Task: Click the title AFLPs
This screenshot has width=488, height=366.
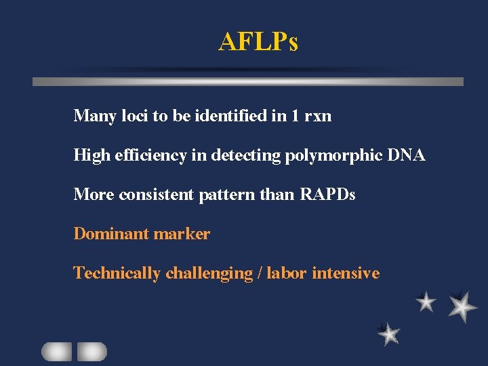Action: click(x=258, y=43)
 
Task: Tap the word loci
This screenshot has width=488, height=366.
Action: click(x=134, y=116)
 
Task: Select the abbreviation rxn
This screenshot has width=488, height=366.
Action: click(x=318, y=117)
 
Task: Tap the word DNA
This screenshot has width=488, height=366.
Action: click(x=407, y=155)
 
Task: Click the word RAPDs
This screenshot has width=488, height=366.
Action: click(x=327, y=195)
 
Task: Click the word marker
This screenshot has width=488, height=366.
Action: click(x=182, y=234)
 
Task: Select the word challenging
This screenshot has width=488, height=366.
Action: click(x=209, y=274)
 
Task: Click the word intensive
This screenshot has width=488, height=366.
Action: click(x=346, y=273)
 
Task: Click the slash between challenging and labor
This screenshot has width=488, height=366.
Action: click(x=260, y=274)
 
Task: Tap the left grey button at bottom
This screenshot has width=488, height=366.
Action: click(x=56, y=351)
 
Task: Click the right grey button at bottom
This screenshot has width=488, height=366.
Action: click(x=92, y=351)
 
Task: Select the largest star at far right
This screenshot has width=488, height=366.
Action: click(x=463, y=306)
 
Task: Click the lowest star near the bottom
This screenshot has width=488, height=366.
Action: click(x=389, y=333)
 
